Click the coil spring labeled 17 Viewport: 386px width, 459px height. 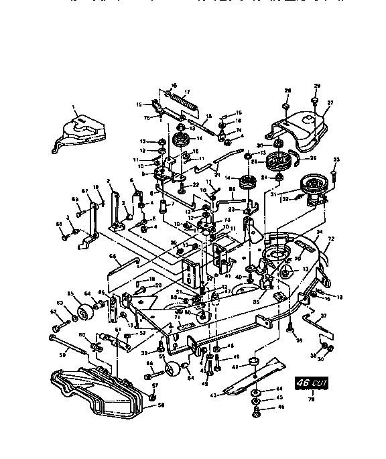coord(183,104)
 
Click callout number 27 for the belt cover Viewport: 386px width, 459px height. coord(329,103)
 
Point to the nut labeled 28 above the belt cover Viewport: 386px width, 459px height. coord(285,106)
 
